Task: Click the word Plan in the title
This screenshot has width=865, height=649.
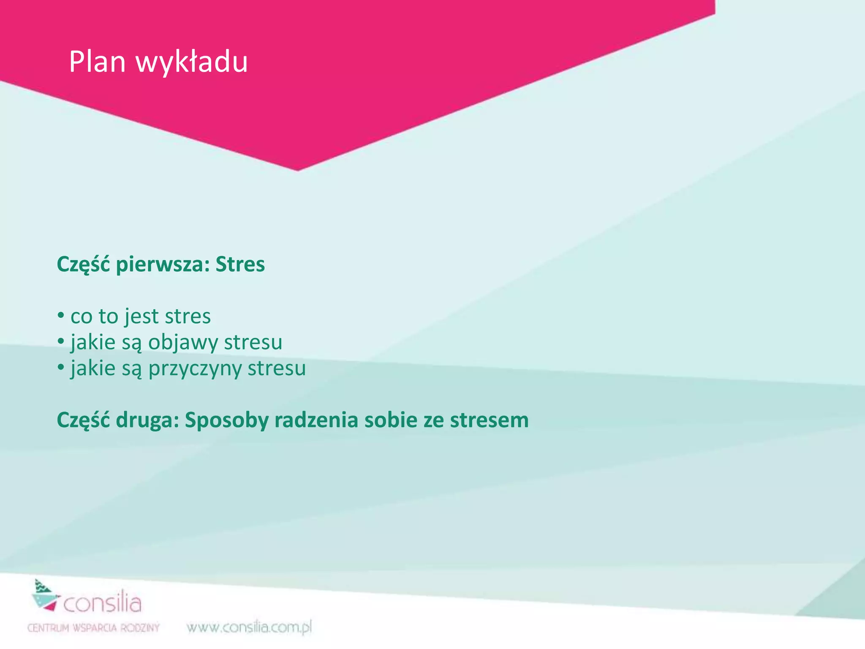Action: pyautogui.click(x=97, y=62)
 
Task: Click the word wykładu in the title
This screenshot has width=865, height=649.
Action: pyautogui.click(x=191, y=62)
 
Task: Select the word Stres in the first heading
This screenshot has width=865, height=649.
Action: pyautogui.click(x=240, y=265)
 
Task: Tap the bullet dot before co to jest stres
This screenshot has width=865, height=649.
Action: pyautogui.click(x=61, y=316)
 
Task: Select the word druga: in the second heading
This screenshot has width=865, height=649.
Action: pyautogui.click(x=147, y=420)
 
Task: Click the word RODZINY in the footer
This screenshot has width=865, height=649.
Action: pyautogui.click(x=140, y=628)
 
